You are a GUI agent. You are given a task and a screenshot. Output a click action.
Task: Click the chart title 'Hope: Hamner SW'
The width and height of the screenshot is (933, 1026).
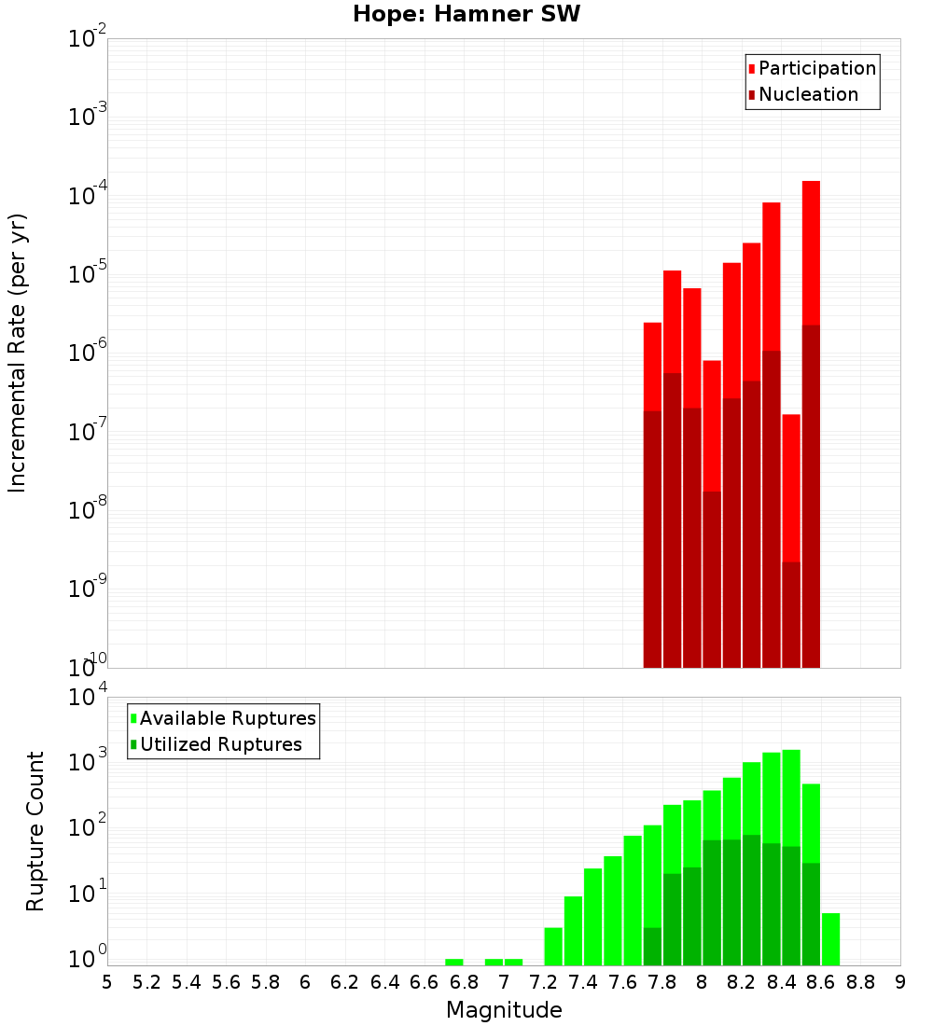pos(466,15)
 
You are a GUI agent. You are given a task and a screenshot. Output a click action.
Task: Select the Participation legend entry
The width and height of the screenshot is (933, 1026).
pos(812,68)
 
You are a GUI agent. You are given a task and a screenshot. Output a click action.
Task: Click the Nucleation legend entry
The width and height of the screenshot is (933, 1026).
pos(802,94)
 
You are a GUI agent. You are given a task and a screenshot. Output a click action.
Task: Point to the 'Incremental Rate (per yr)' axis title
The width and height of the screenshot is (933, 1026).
pos(18,353)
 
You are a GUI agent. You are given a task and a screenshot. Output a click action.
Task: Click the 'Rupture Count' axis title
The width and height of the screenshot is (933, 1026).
pos(35,831)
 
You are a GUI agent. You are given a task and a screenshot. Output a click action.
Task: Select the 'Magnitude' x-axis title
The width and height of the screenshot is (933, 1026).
pos(504,1010)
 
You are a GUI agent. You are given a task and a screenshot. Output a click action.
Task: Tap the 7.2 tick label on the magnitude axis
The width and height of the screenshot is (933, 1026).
pos(544,982)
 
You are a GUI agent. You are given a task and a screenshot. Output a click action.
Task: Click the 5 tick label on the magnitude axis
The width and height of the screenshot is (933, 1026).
pos(107,982)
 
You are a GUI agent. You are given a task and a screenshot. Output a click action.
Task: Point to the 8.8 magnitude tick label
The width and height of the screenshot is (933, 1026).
pos(860,982)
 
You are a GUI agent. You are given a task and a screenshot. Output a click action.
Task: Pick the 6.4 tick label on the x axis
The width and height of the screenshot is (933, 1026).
pos(385,982)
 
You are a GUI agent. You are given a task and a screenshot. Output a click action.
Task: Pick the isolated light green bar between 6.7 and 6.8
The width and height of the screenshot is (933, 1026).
pos(454,962)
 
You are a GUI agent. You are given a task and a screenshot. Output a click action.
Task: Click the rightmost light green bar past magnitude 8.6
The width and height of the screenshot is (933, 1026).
pos(830,939)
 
